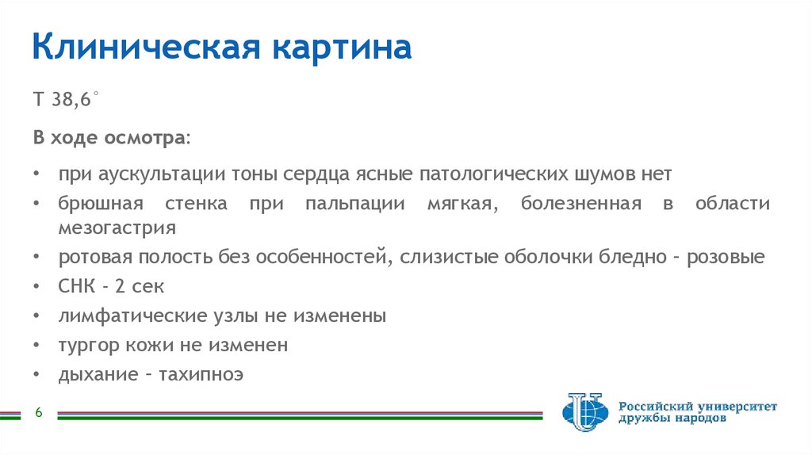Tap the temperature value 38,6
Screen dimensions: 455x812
pos(75,101)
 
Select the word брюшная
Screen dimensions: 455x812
pos(100,204)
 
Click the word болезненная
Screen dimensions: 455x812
pos(580,204)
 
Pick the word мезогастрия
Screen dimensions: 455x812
pos(116,228)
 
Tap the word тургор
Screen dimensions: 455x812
pos(88,346)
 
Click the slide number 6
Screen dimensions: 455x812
pos(37,413)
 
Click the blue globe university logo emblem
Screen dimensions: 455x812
pos(584,412)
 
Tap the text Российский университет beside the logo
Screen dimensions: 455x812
pos(698,406)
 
